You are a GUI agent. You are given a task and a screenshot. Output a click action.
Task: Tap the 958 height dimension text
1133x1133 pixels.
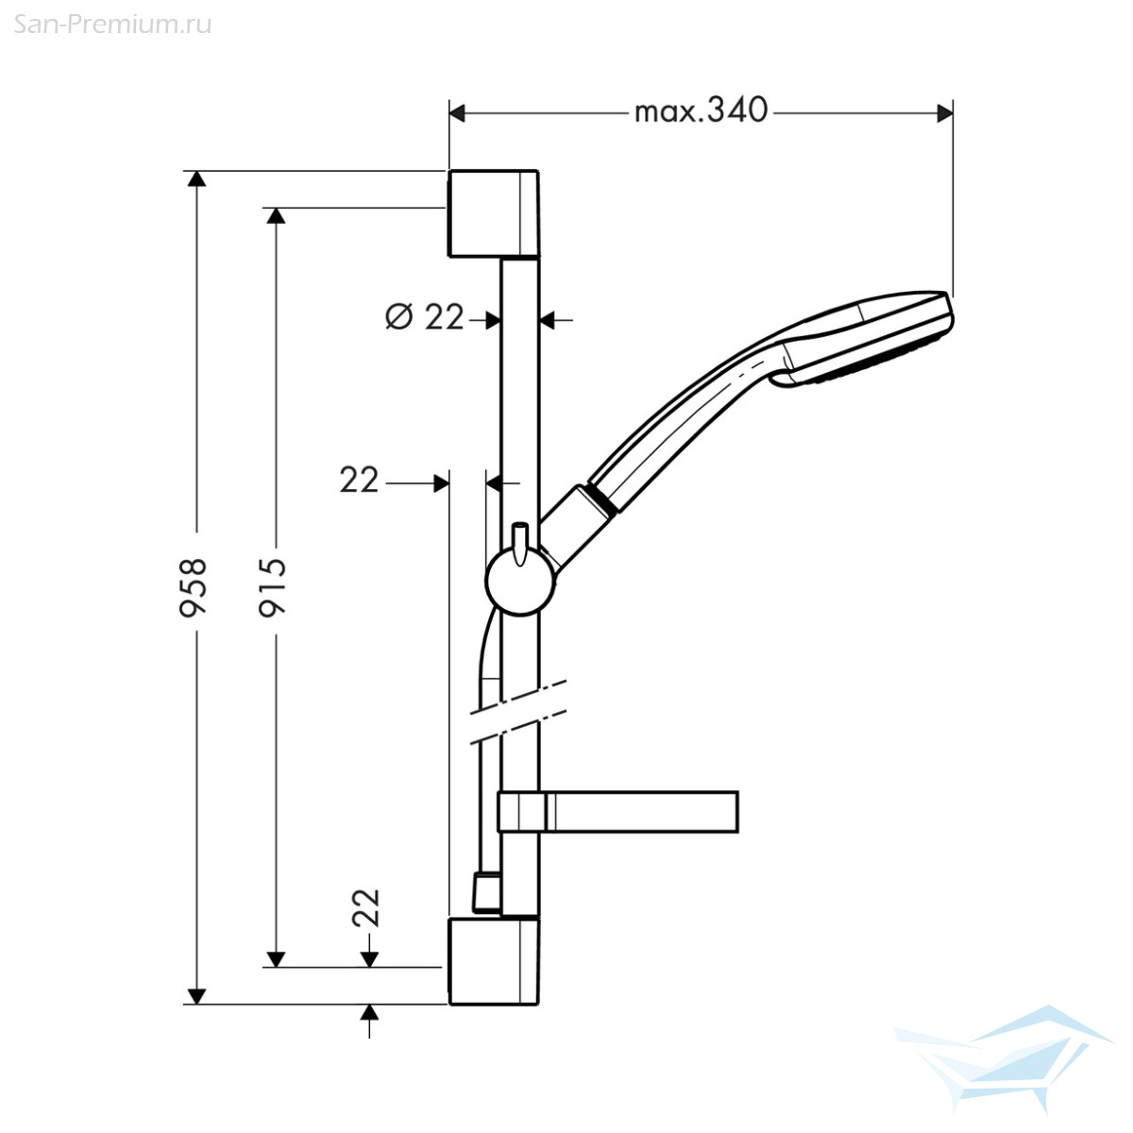(x=193, y=586)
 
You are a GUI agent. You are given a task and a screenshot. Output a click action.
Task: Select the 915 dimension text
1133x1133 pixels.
(x=272, y=586)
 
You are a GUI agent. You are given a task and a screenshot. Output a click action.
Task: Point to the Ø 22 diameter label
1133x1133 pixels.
(x=424, y=317)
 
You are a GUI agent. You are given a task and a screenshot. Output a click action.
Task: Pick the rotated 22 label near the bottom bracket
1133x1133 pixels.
(x=365, y=907)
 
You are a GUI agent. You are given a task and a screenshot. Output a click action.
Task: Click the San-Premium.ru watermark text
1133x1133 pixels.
(x=112, y=25)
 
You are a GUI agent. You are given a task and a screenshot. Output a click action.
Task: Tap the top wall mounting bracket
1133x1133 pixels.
(x=493, y=213)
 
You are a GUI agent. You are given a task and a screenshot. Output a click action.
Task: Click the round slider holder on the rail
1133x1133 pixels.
(x=519, y=581)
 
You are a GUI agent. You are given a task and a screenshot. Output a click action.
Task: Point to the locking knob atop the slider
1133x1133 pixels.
(x=519, y=544)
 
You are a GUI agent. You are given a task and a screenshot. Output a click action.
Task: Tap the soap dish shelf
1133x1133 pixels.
(x=617, y=811)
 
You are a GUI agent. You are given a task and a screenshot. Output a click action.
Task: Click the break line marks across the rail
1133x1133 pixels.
(x=518, y=713)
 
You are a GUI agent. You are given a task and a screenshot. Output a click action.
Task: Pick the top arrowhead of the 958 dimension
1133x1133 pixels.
(x=196, y=178)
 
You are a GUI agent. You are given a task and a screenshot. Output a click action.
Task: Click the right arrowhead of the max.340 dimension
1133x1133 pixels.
(x=945, y=113)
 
